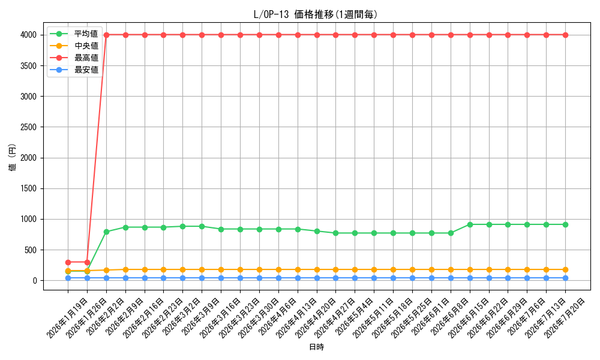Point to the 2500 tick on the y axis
tap(29, 127)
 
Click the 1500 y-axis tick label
tap(29, 188)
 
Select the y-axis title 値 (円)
tap(13, 157)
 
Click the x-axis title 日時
tap(316, 347)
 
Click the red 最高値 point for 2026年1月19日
tap(68, 262)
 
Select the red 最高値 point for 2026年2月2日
tap(106, 35)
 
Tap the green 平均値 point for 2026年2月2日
tap(106, 232)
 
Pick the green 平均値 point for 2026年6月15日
tap(470, 224)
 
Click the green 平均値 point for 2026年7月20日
tap(566, 224)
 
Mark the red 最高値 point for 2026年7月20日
tap(566, 35)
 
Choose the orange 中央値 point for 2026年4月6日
tap(278, 270)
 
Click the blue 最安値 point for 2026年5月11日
tap(374, 278)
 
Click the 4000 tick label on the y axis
tap(29, 35)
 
